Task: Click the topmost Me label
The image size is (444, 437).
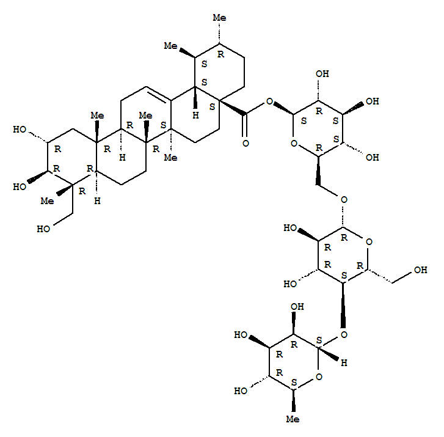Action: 219,18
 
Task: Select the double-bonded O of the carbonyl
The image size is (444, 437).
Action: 246,143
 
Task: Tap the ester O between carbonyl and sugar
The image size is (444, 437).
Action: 269,101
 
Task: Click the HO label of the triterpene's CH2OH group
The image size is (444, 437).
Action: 43,229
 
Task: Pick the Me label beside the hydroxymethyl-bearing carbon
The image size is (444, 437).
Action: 47,201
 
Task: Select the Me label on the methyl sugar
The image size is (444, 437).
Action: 293,419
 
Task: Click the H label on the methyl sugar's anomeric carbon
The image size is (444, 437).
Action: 344,362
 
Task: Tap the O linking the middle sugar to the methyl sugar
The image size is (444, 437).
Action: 344,335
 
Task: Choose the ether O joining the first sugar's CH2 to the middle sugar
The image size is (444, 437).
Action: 344,200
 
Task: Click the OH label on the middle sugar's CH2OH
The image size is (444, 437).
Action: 421,270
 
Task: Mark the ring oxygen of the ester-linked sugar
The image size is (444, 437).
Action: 294,144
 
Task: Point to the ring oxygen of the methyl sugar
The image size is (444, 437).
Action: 319,376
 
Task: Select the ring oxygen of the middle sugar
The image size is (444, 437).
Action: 369,242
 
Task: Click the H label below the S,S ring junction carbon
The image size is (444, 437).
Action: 195,115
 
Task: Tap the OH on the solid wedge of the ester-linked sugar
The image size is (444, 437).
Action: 373,101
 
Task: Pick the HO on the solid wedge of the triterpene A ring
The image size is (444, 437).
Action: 20,187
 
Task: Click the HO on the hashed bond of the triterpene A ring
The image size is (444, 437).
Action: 20,130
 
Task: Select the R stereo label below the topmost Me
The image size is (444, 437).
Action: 220,54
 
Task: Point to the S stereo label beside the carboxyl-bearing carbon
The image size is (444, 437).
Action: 212,107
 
